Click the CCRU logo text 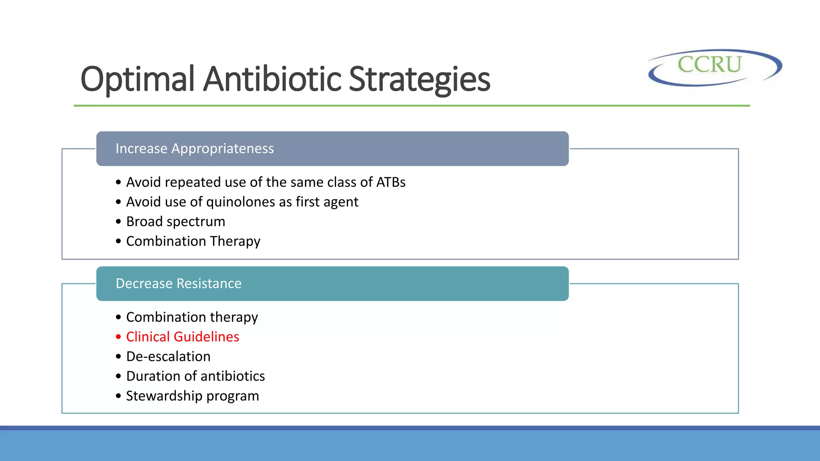click(x=709, y=64)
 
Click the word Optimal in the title click(x=137, y=79)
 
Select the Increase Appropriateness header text click(x=195, y=148)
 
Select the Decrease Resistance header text click(x=179, y=283)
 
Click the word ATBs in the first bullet click(x=391, y=182)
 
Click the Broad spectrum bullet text click(x=175, y=221)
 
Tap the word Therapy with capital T click(x=235, y=241)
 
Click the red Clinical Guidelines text click(x=183, y=337)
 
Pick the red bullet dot click(x=118, y=337)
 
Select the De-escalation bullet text click(x=168, y=357)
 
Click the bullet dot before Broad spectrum click(x=118, y=222)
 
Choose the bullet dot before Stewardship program click(x=118, y=396)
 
